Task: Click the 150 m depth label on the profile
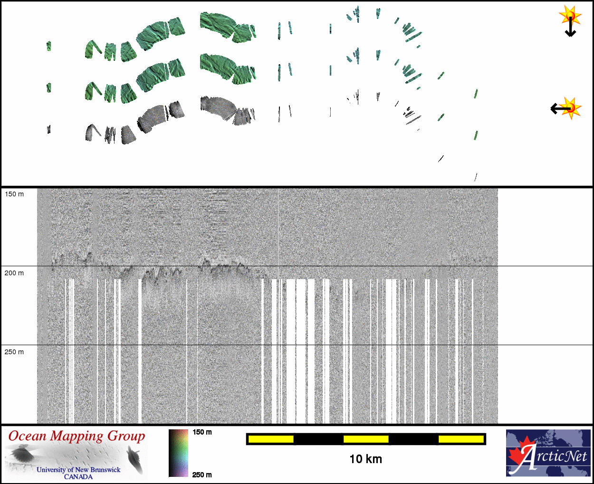click(14, 194)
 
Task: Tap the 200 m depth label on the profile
click(14, 273)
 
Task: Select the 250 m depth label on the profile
click(14, 352)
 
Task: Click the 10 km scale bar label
click(365, 459)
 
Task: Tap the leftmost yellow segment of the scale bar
click(271, 439)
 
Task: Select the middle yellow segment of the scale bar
click(366, 439)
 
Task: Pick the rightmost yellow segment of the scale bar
click(461, 439)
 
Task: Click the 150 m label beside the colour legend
click(202, 432)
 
